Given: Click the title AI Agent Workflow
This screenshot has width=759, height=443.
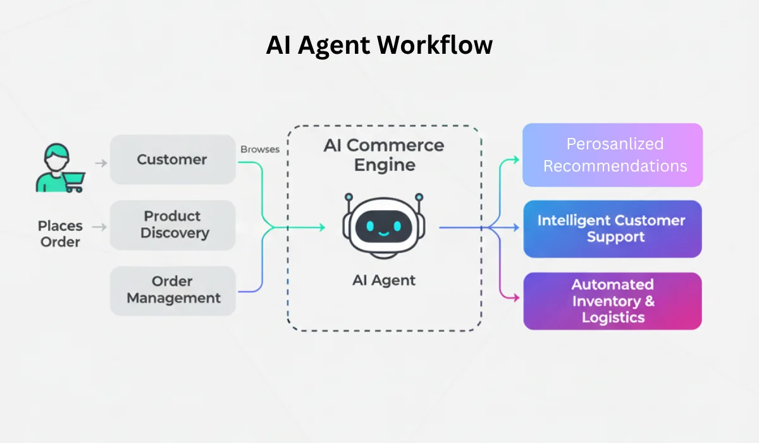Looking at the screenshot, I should (379, 46).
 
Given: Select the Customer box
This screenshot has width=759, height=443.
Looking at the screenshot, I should (173, 159).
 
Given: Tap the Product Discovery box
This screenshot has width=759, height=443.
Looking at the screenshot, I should (173, 225).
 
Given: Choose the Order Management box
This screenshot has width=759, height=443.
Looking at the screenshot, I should (173, 290).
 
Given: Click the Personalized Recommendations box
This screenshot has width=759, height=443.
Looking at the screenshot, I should (612, 155).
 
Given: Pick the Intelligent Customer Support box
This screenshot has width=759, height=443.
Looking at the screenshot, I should (612, 228).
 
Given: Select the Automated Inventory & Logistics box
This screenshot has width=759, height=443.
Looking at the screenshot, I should (612, 301).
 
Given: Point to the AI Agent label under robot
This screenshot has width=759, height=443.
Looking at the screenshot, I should (383, 280).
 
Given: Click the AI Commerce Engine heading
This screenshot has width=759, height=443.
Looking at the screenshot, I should (383, 155).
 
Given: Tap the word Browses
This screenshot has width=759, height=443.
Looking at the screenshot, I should (259, 150).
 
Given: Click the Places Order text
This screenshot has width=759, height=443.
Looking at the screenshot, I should (60, 234).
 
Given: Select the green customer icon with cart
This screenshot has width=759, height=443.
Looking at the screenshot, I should (58, 168).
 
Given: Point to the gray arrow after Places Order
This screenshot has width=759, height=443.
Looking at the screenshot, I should (99, 227).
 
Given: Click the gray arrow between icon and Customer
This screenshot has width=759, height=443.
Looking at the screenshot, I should (101, 163).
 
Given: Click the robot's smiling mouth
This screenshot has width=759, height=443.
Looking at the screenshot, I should (383, 233).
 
